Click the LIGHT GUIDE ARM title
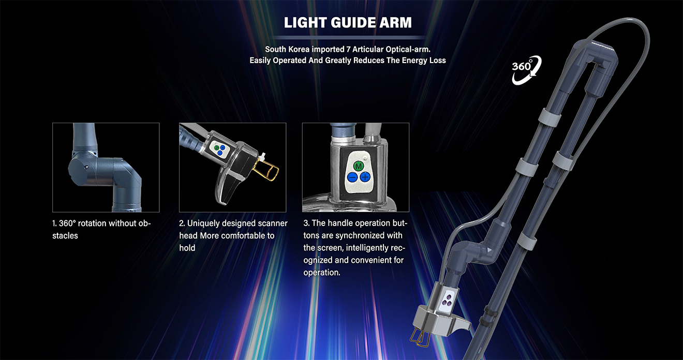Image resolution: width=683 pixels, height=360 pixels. point(348,23)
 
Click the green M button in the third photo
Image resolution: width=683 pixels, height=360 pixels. point(358,166)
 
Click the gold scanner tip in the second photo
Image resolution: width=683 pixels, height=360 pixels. point(268,171)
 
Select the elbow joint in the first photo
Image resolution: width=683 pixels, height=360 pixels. point(103,172)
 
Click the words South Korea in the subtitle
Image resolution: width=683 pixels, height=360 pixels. point(287,49)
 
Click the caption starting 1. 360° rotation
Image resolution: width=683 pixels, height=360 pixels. point(101,229)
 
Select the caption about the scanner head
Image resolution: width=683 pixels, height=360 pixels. point(233,235)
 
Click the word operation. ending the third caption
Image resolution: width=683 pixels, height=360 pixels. point(322,273)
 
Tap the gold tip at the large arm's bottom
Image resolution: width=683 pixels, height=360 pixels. point(420,338)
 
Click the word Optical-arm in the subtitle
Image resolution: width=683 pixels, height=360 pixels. point(408,49)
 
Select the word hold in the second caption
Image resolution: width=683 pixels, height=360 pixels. point(187,248)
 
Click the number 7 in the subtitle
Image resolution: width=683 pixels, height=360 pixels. point(349,49)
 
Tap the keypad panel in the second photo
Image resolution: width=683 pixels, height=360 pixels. point(219,149)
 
